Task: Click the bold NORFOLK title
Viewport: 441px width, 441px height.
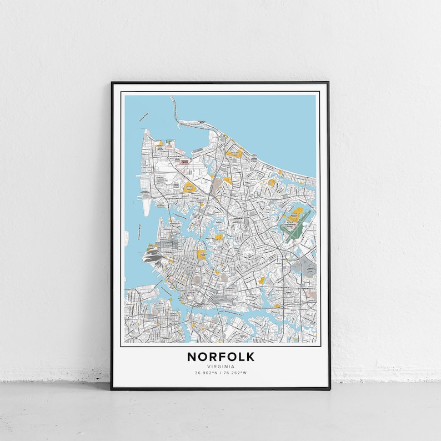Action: tap(220, 356)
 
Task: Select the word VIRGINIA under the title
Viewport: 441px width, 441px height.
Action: tap(220, 367)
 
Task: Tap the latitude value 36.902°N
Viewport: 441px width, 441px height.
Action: tap(206, 373)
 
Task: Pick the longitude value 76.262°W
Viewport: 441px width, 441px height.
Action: tap(235, 373)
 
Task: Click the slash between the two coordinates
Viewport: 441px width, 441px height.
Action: tap(220, 373)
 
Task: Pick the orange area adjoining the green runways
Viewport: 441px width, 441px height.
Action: tap(297, 213)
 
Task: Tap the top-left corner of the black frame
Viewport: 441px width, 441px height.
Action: tap(112, 83)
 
